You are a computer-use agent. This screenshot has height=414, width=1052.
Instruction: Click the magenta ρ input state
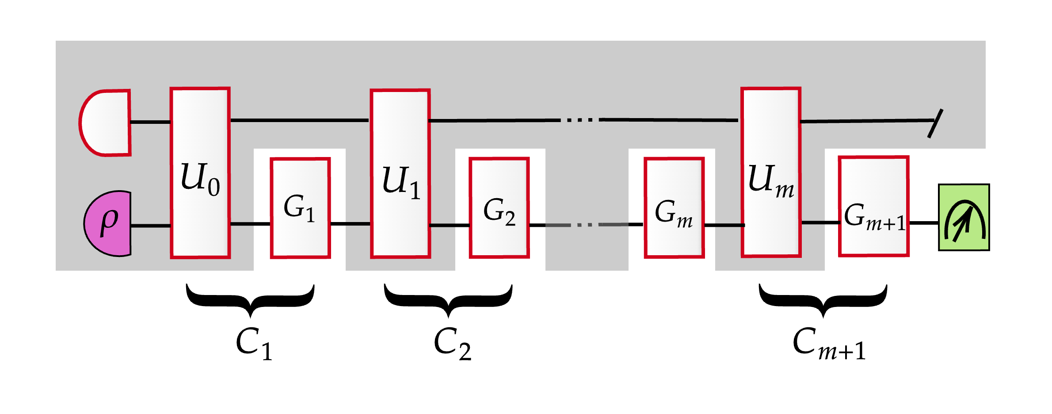click(x=108, y=223)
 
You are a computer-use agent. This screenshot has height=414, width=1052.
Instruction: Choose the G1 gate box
click(x=301, y=208)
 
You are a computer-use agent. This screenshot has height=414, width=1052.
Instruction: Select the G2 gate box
click(x=499, y=208)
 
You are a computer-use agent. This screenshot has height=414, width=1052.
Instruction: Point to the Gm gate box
click(x=674, y=208)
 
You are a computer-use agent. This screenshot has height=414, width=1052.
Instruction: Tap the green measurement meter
click(x=964, y=217)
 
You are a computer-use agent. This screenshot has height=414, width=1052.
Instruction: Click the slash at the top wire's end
click(x=935, y=123)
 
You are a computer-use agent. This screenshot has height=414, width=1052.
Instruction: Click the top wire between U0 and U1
click(x=300, y=120)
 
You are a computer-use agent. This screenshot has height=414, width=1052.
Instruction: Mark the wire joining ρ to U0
click(x=151, y=226)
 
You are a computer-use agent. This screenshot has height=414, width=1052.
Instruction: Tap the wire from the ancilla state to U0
click(x=150, y=122)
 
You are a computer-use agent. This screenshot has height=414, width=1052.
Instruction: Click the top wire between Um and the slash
click(x=866, y=121)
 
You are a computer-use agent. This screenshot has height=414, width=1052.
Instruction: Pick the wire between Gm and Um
click(x=724, y=225)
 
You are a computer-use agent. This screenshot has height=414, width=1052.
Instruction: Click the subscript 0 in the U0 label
click(x=214, y=187)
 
